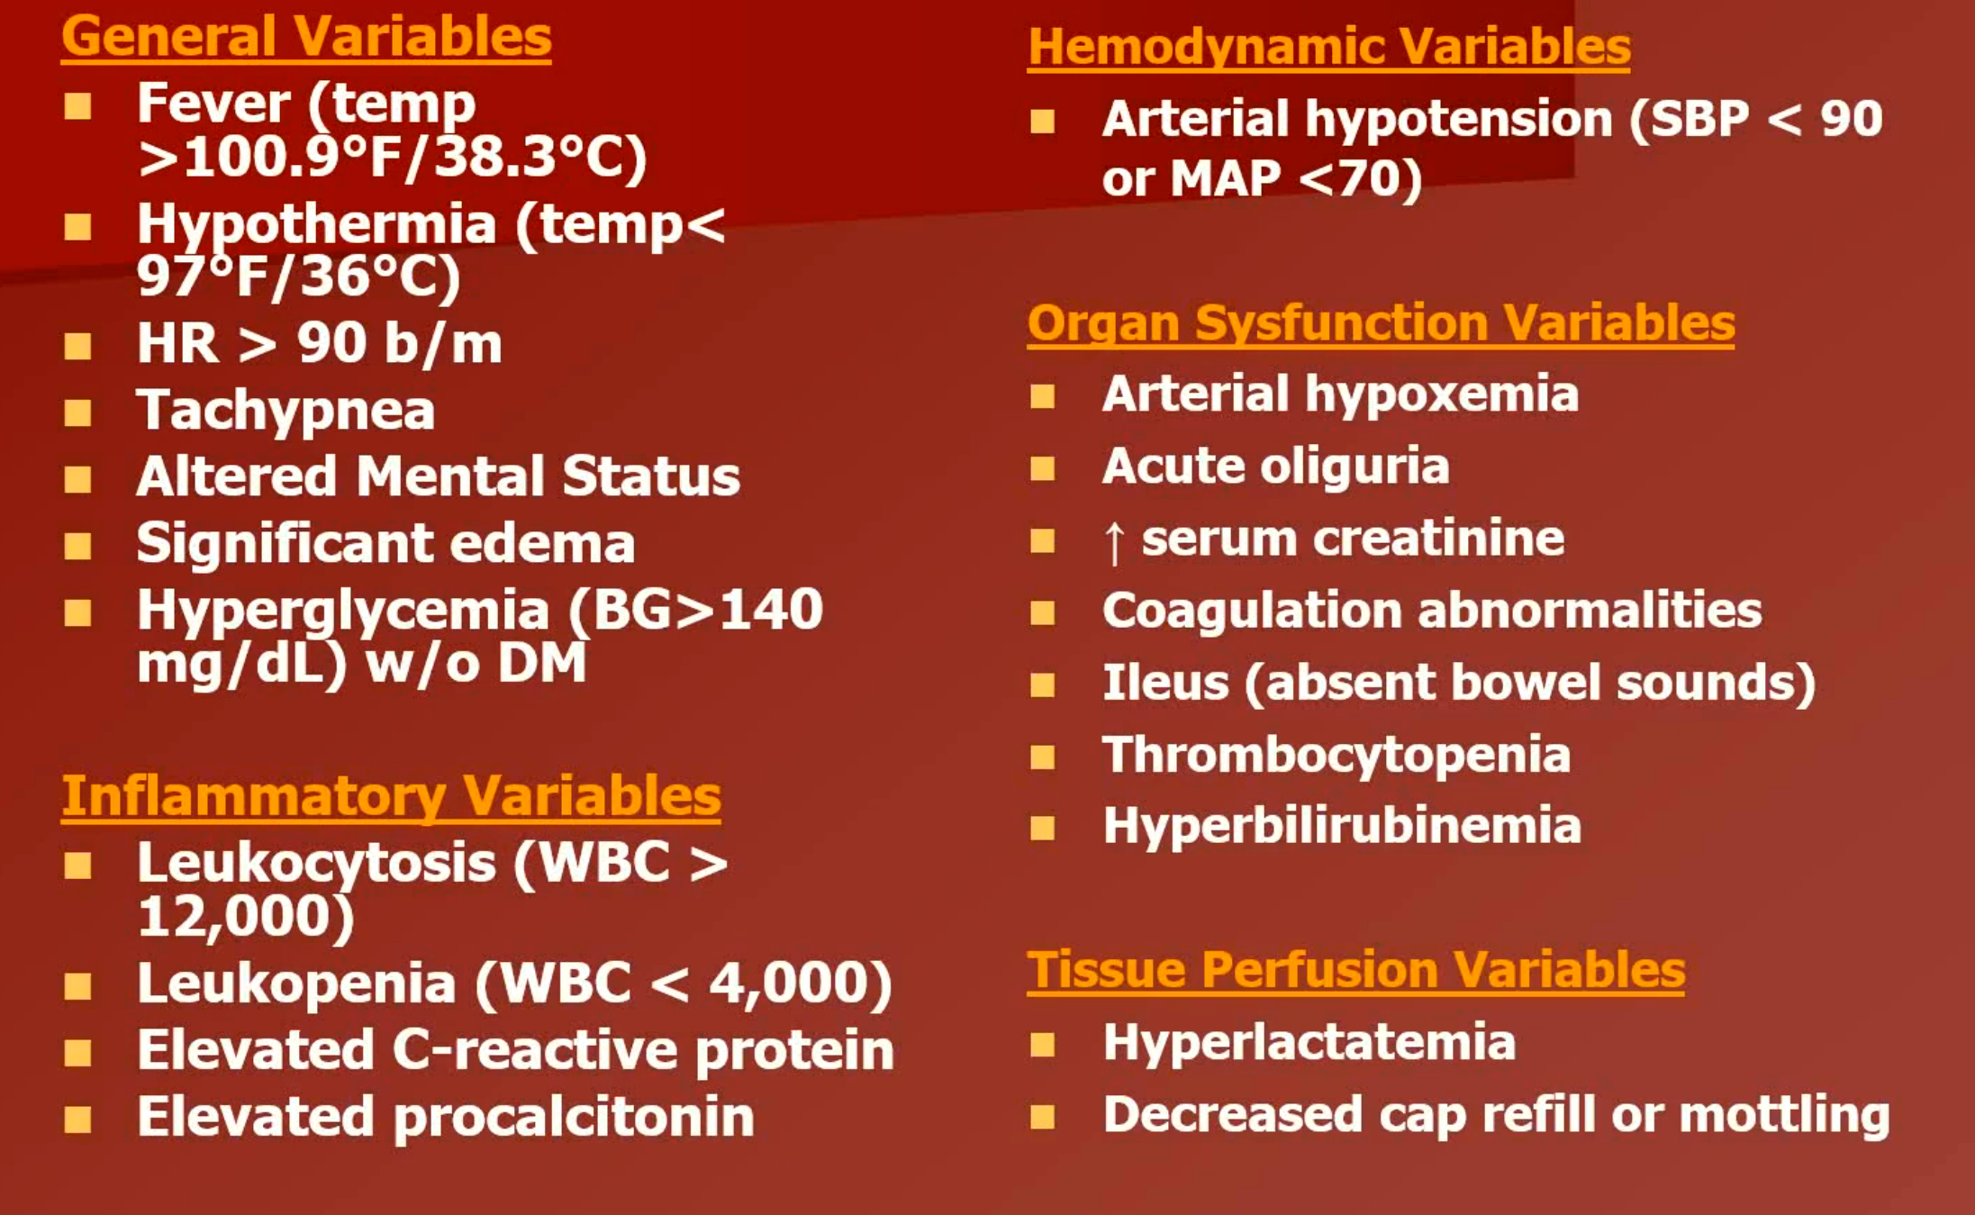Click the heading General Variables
click(x=306, y=37)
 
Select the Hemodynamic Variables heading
click(x=1329, y=47)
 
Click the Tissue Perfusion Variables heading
click(x=1355, y=970)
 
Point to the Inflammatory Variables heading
click(x=391, y=796)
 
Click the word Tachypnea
click(x=285, y=412)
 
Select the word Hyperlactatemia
click(x=1309, y=1044)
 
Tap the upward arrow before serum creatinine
click(x=1114, y=542)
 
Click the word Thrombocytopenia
click(x=1336, y=756)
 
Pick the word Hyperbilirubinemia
click(x=1342, y=826)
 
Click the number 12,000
click(x=238, y=917)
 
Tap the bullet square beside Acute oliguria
click(x=1043, y=468)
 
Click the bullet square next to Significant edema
click(x=78, y=546)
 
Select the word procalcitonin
click(x=574, y=1119)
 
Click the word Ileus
click(x=1166, y=683)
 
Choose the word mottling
click(x=1784, y=1115)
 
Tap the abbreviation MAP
click(x=1225, y=178)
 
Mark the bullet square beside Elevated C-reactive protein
click(x=78, y=1052)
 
